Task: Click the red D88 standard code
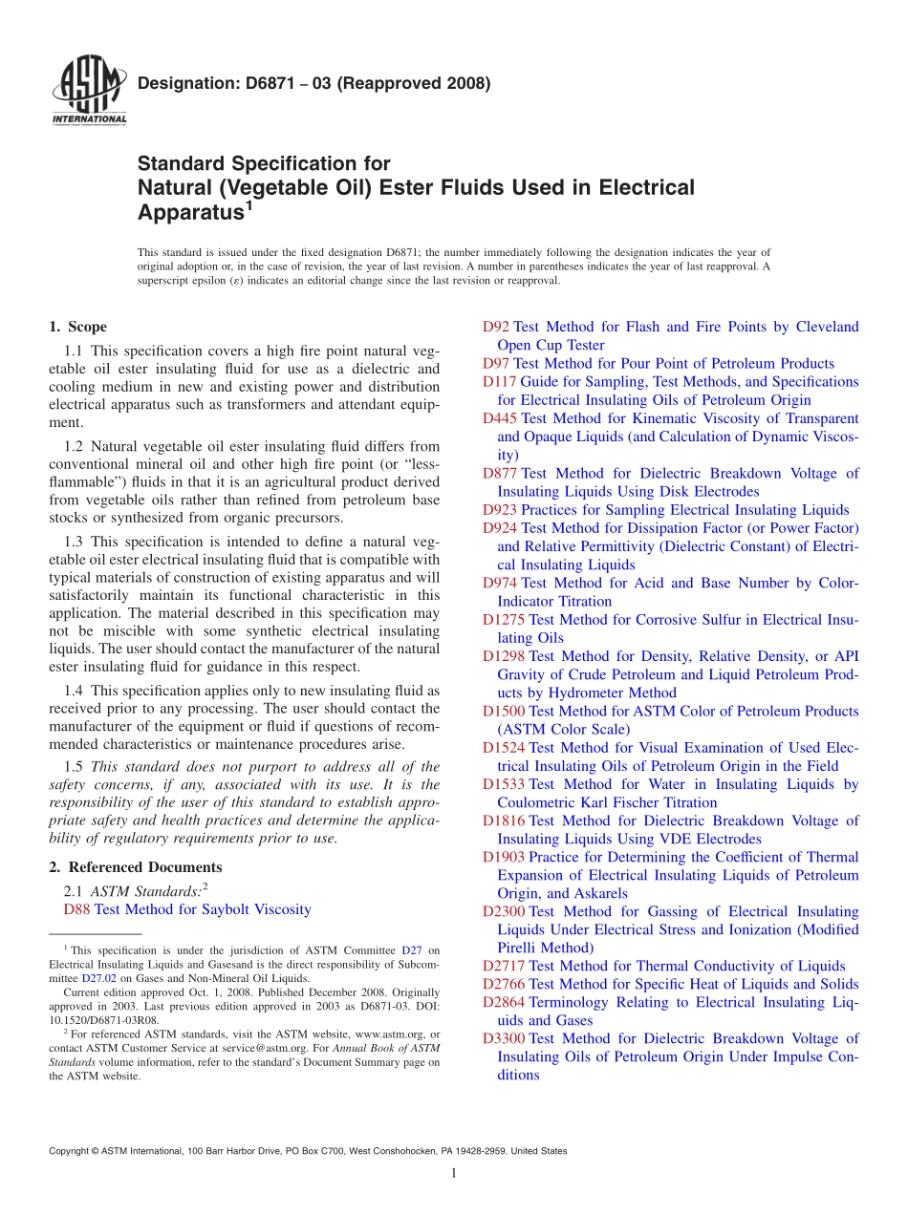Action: pos(76,909)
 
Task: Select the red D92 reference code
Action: pos(496,327)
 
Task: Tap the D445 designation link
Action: pos(500,418)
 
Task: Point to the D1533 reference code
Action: pos(504,784)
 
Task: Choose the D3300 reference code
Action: pos(504,1038)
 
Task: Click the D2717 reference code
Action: pos(504,966)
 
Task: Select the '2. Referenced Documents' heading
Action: pos(135,867)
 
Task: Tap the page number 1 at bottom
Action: pos(454,1174)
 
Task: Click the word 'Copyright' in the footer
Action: pos(68,1151)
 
